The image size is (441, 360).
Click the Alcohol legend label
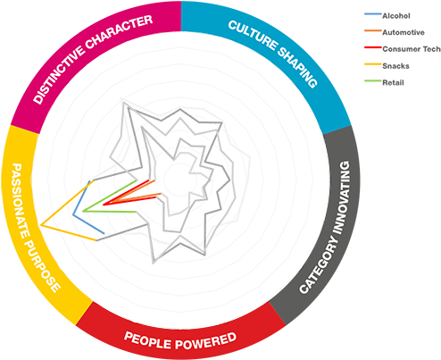pos(396,16)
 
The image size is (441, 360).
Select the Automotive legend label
pos(404,32)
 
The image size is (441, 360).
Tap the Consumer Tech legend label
pos(412,49)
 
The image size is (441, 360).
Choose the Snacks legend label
pos(395,66)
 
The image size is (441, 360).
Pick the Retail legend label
pos(393,82)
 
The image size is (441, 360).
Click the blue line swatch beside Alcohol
pos(373,14)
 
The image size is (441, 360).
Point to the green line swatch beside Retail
pos(373,80)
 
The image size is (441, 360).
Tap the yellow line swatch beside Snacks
pos(373,64)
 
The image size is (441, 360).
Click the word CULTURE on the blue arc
pos(253,35)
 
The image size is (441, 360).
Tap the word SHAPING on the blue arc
pos(298,67)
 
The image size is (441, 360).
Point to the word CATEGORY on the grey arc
pos(319,264)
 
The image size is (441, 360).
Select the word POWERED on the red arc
pos(206,341)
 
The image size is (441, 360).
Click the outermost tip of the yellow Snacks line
pos(41,225)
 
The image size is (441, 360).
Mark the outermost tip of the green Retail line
pos(83,211)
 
